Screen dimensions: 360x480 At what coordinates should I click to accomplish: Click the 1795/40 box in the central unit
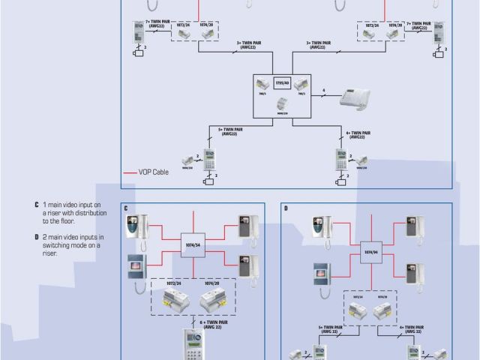[283, 82]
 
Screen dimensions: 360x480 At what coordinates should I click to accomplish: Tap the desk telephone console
[355, 99]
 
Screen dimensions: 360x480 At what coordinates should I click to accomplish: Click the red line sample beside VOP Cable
[130, 172]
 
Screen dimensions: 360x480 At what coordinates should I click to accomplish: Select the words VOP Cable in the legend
[154, 172]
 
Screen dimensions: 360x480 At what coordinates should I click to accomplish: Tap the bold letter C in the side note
[35, 204]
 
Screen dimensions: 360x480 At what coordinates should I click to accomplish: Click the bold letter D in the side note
[35, 236]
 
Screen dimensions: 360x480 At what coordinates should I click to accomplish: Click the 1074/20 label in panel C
[213, 284]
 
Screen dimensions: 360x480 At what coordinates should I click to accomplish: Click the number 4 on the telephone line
[323, 90]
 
